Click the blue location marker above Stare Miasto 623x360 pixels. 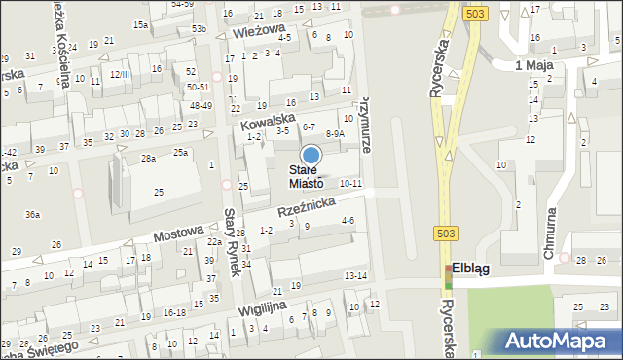(x=311, y=155)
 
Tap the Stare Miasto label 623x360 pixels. (x=311, y=177)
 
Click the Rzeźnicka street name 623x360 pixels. (x=308, y=203)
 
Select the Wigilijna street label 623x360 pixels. (x=268, y=309)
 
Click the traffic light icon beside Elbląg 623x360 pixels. (x=449, y=275)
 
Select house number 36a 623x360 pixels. (x=33, y=214)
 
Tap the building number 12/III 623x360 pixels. (x=119, y=74)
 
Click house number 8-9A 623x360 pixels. (x=334, y=133)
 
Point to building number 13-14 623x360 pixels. (x=355, y=276)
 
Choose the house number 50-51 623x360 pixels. (x=199, y=88)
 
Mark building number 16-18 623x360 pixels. (x=174, y=312)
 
